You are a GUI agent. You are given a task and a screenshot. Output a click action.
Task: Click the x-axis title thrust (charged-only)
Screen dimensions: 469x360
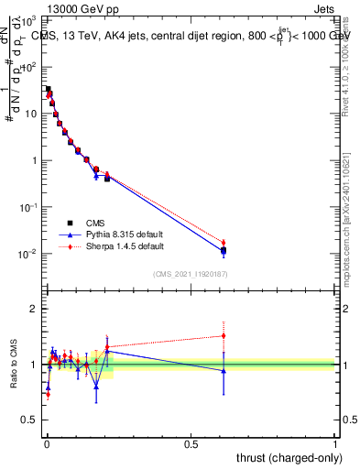coord(286,457)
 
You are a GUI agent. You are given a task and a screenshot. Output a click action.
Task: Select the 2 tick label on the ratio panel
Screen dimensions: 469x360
coord(34,310)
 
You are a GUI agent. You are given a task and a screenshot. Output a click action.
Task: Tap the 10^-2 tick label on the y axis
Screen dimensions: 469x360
coord(28,254)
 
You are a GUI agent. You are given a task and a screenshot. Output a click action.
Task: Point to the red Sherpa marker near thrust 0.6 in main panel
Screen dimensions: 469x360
coord(223,243)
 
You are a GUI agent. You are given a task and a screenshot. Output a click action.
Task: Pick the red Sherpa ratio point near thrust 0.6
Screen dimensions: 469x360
coord(223,335)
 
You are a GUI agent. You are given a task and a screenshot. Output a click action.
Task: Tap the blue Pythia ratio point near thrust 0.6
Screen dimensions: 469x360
coord(223,371)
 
